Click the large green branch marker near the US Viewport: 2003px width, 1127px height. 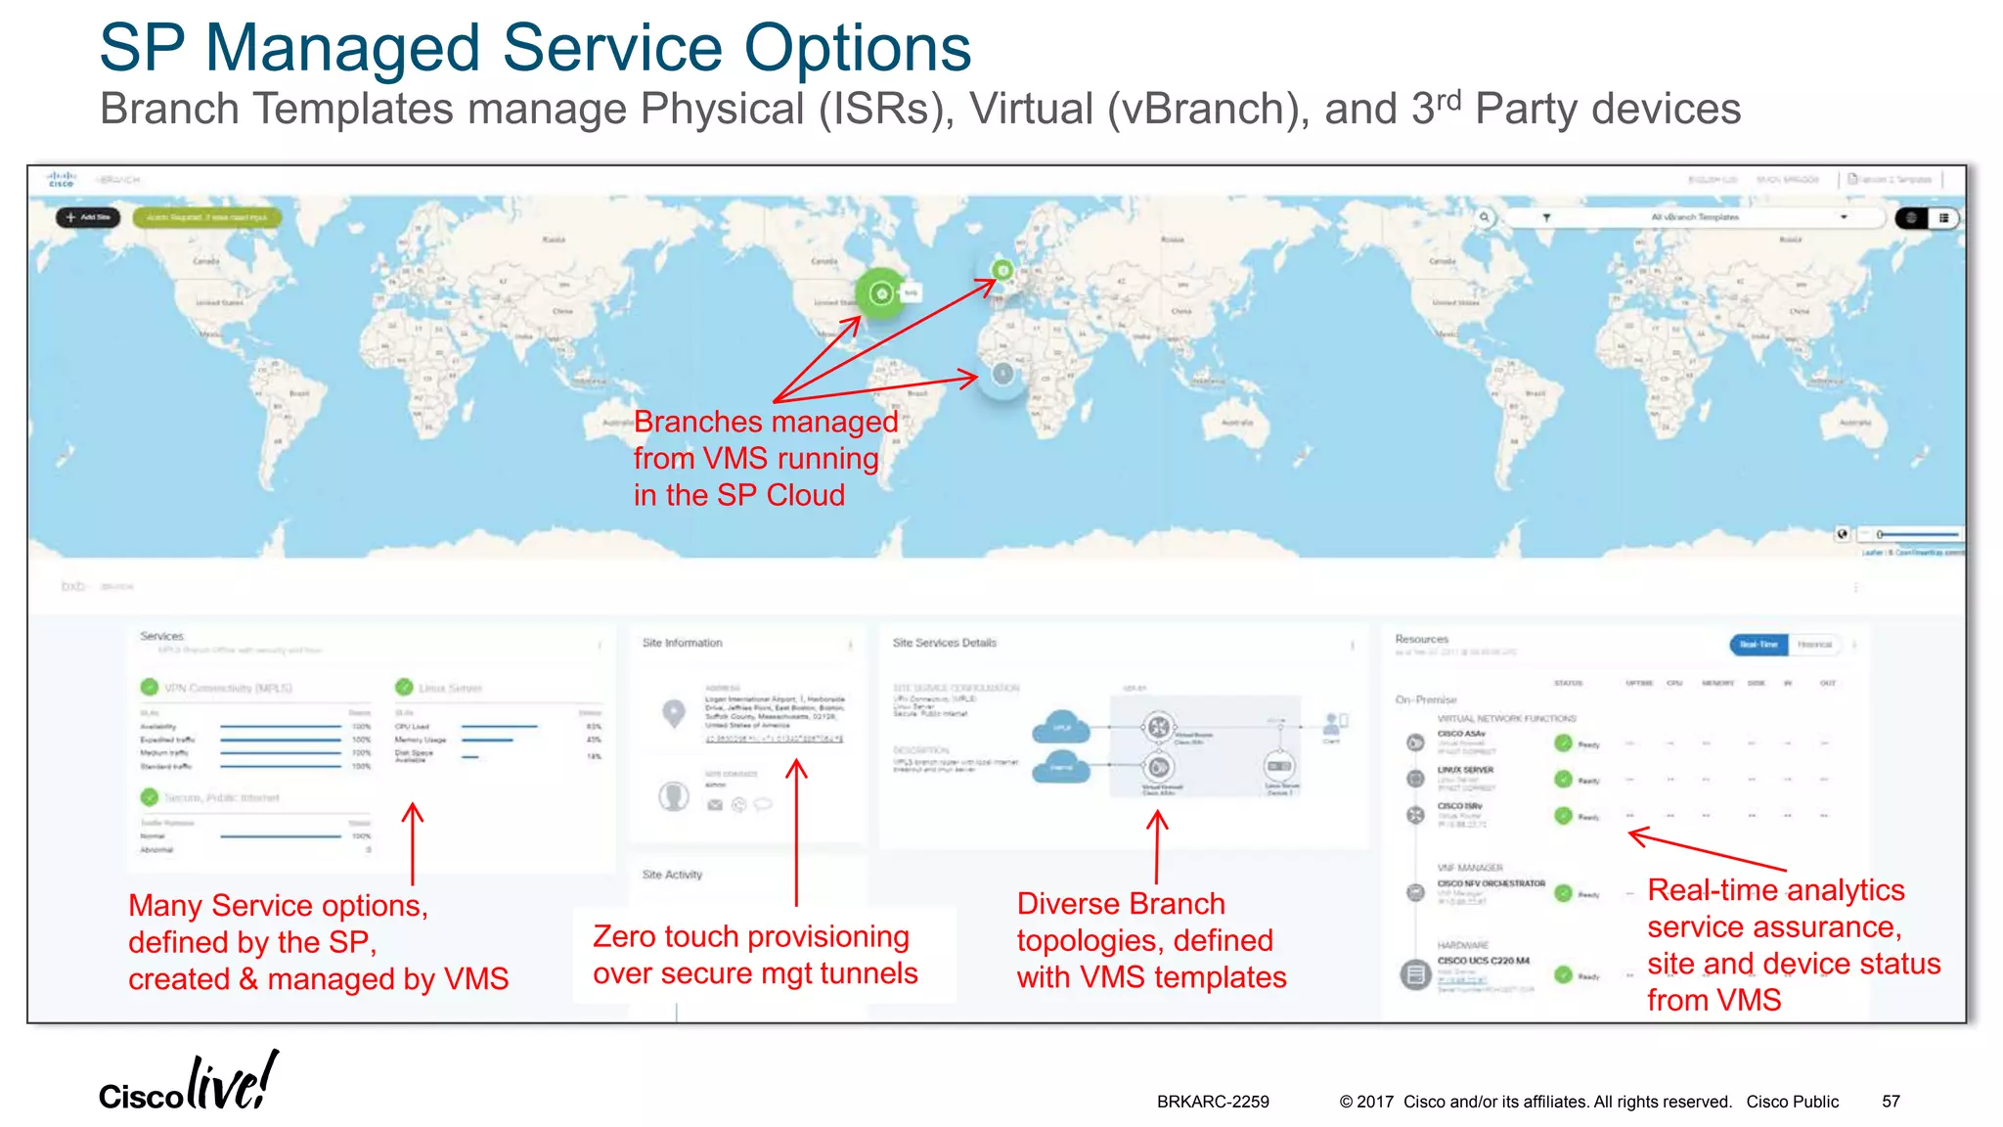click(881, 293)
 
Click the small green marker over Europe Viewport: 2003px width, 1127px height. click(1002, 269)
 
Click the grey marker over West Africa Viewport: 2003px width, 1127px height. click(1002, 373)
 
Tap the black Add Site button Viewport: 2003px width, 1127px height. click(88, 217)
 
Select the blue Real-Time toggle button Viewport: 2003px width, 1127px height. click(1758, 644)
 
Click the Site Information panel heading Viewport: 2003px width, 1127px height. click(682, 643)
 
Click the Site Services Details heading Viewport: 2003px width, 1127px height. click(944, 643)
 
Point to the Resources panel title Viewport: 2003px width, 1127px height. click(1421, 639)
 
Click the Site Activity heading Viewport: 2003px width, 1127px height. click(672, 875)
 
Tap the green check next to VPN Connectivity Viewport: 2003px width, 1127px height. click(150, 687)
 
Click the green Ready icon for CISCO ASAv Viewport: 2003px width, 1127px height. click(1563, 744)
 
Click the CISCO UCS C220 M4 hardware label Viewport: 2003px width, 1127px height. click(1483, 961)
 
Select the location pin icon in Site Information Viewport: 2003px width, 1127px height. click(673, 712)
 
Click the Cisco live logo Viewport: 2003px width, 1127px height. click(188, 1082)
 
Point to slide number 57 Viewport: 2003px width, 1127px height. click(1891, 1102)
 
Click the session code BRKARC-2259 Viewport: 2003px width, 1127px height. click(1213, 1102)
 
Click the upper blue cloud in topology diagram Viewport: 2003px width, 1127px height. click(1061, 727)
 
